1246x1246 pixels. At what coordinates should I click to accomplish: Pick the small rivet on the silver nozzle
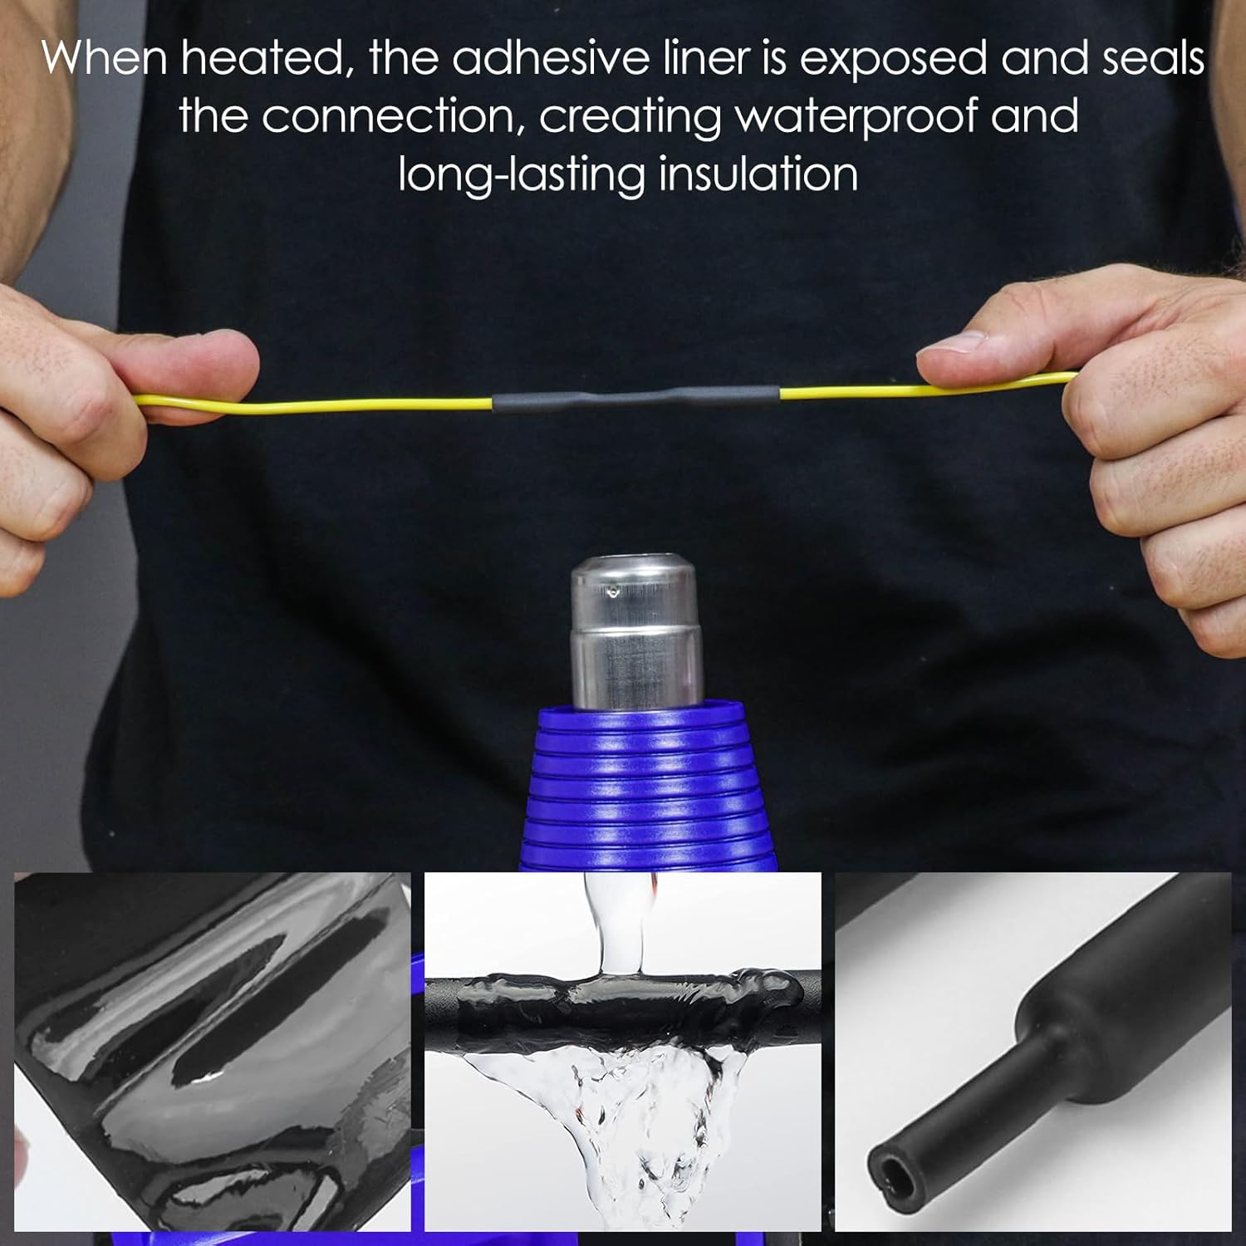[612, 591]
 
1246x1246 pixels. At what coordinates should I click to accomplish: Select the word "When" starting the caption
[105, 58]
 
